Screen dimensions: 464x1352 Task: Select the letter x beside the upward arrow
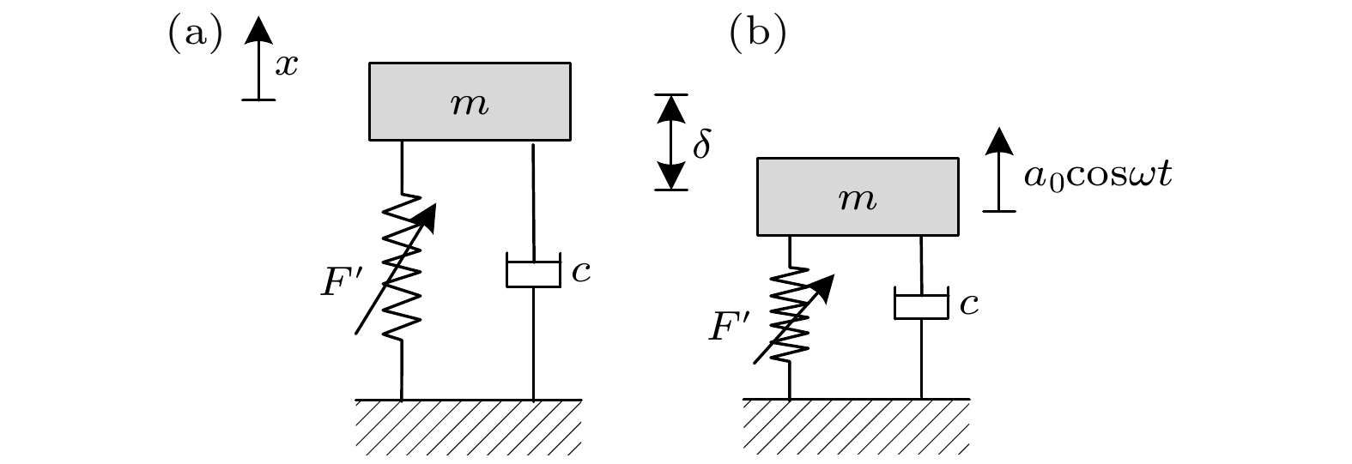pyautogui.click(x=287, y=65)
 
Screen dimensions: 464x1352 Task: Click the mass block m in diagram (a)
pyautogui.click(x=470, y=101)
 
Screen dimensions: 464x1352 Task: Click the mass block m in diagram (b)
pyautogui.click(x=858, y=196)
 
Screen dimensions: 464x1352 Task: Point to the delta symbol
pyautogui.click(x=701, y=145)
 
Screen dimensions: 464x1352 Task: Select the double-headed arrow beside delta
pyautogui.click(x=672, y=142)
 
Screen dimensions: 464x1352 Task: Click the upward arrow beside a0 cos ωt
pyautogui.click(x=998, y=169)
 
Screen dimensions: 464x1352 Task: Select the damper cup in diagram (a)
pyautogui.click(x=533, y=270)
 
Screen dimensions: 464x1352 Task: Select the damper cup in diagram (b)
pyautogui.click(x=921, y=304)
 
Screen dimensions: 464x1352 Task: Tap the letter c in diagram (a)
pyautogui.click(x=581, y=273)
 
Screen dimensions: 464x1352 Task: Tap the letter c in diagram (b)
pyautogui.click(x=969, y=305)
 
